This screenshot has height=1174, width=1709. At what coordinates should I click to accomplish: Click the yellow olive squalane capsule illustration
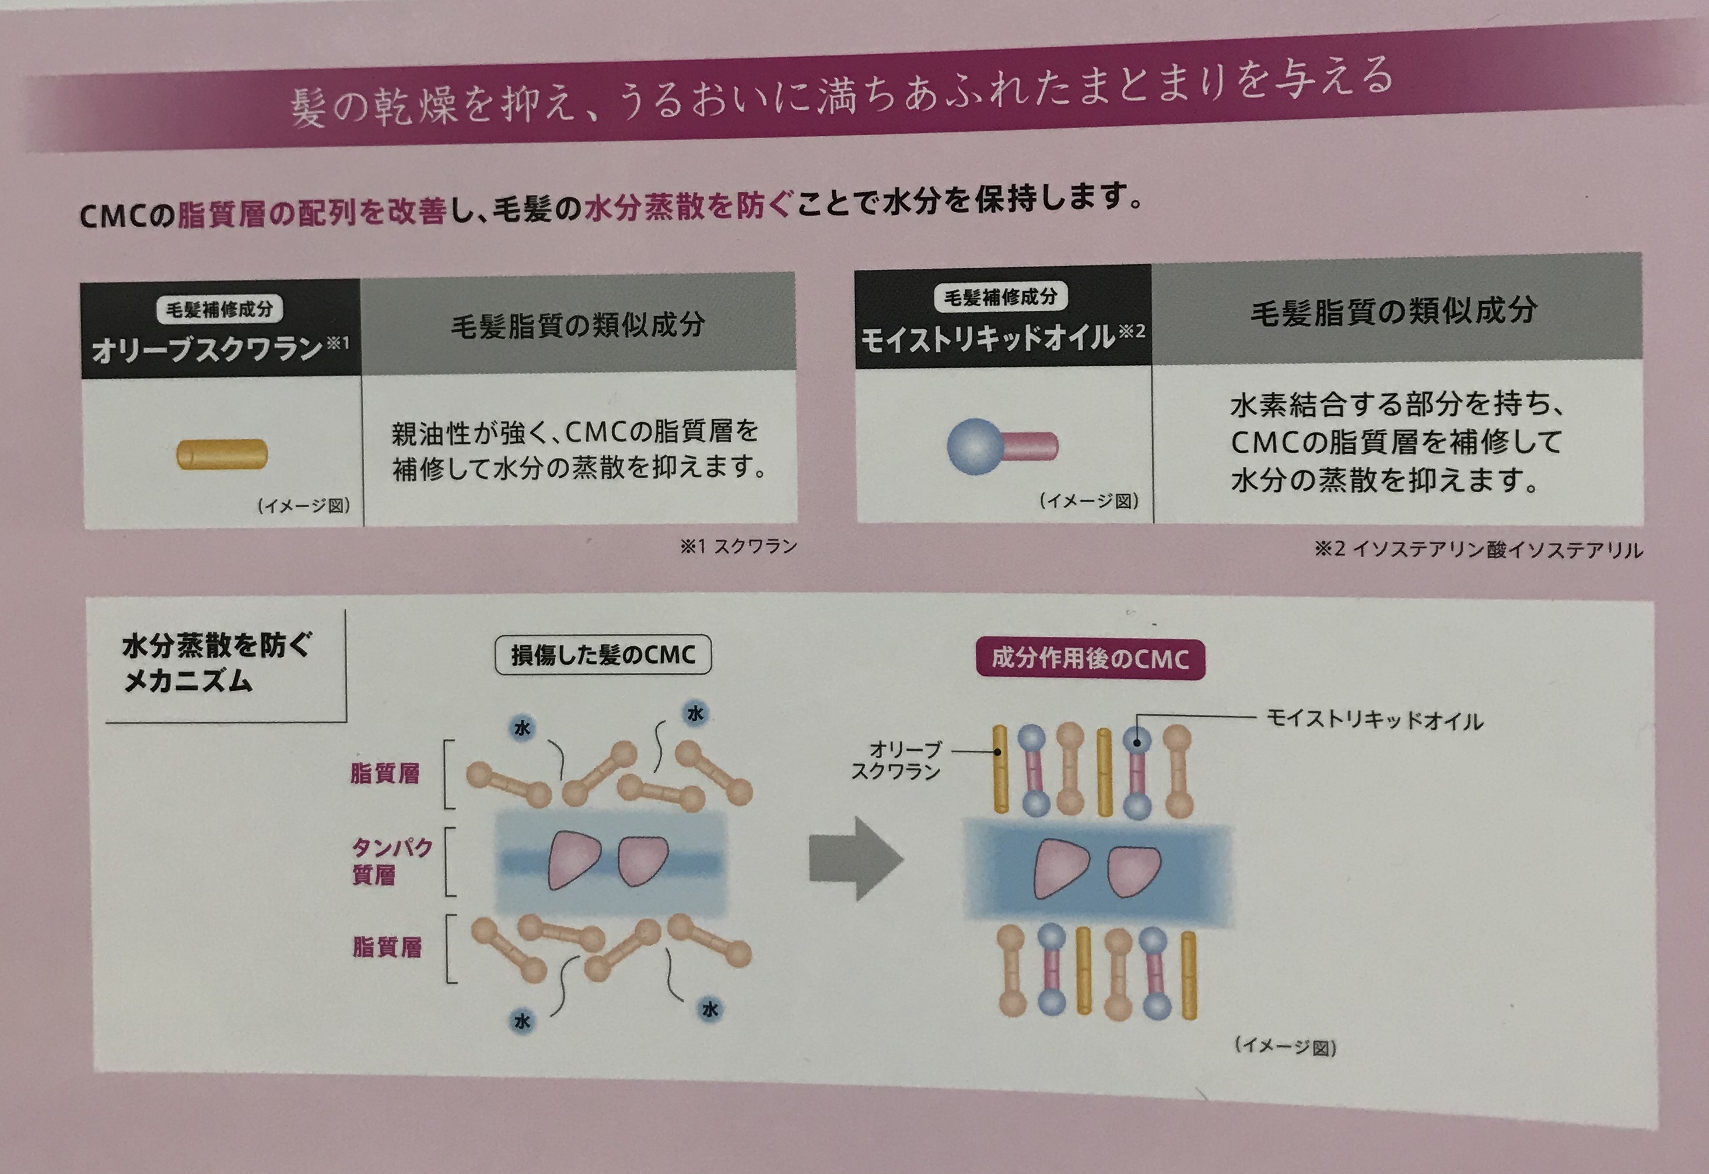[x=222, y=454]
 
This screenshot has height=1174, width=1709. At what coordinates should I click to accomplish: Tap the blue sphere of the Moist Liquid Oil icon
[x=974, y=446]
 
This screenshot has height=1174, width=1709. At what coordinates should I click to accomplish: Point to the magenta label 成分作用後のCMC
[x=1090, y=658]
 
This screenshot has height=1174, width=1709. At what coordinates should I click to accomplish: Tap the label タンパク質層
[x=391, y=861]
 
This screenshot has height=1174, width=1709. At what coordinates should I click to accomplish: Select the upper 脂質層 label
[x=385, y=774]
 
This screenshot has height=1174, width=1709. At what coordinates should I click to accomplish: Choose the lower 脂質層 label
[x=387, y=947]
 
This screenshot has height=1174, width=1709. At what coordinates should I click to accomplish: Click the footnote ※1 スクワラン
[x=738, y=546]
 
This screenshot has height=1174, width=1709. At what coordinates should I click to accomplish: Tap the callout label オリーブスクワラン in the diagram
[x=896, y=760]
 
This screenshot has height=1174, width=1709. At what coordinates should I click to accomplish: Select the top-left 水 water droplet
[x=521, y=728]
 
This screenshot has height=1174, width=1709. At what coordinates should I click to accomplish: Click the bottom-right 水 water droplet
[x=710, y=1009]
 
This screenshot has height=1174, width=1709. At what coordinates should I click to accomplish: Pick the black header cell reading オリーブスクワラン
[x=220, y=329]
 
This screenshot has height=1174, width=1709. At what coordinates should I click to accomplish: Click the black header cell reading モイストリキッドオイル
[x=1003, y=316]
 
